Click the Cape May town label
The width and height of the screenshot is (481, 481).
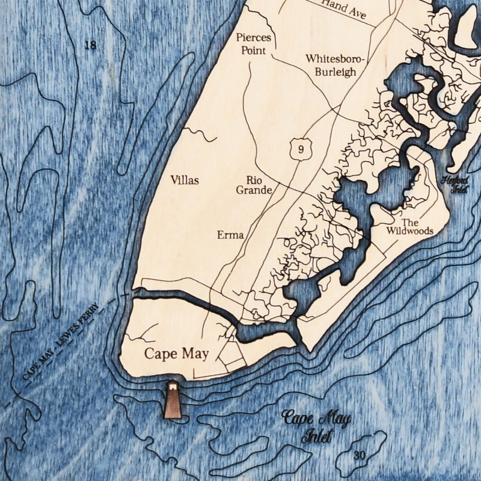point(176,354)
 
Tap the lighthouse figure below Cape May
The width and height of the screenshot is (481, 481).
point(173,399)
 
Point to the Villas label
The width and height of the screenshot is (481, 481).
point(185,180)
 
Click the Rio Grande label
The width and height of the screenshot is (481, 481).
point(259,185)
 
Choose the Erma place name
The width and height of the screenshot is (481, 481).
point(231,234)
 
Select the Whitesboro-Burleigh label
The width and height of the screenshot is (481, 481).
point(331,66)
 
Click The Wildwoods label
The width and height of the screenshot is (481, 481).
point(410,226)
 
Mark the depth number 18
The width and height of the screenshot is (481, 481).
point(91,45)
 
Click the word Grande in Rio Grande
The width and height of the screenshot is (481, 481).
point(259,191)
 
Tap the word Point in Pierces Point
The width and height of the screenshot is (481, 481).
point(254,51)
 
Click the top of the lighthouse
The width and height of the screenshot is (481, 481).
point(173,384)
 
